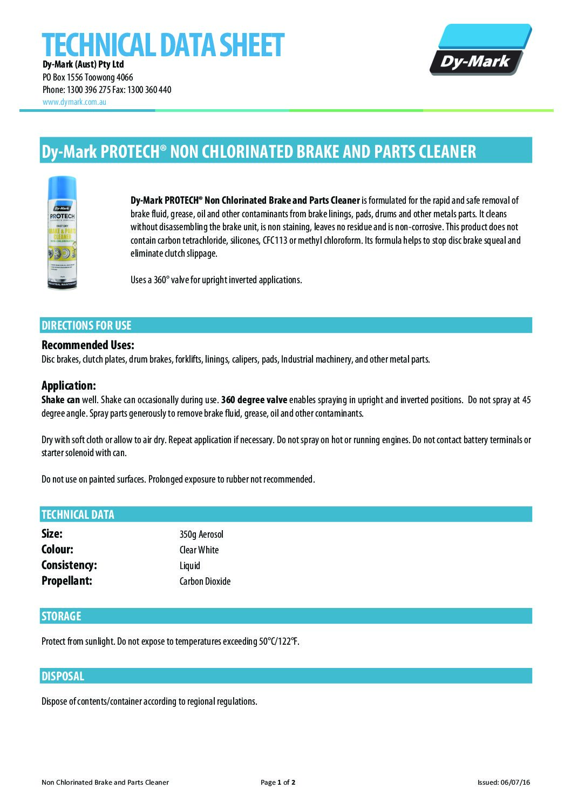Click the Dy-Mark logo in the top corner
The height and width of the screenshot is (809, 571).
pos(480,50)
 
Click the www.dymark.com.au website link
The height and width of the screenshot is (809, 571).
pos(74,102)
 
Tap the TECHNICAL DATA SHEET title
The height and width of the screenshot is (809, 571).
pos(163,45)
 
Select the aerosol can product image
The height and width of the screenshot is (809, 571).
pos(62,233)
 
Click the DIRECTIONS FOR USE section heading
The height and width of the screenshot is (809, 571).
pos(86,325)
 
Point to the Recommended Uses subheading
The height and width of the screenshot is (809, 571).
pos(88,345)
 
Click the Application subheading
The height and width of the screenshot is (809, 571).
pos(69,385)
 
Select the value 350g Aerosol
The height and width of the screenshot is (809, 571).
pos(201,534)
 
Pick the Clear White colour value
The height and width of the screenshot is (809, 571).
pos(199,550)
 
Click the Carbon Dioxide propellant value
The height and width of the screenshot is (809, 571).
pos(205,581)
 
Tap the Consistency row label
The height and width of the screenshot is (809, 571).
pos(69,565)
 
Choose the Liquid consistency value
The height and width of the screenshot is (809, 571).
pos(190,566)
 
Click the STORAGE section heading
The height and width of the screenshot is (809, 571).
pos(62,616)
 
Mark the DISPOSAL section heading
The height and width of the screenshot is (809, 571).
pos(63,676)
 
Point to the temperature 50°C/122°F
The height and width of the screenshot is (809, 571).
pos(278,641)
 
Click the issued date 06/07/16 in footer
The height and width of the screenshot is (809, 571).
pos(515,782)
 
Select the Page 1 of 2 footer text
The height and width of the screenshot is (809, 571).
pos(278,782)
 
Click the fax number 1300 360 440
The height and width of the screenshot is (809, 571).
pos(149,90)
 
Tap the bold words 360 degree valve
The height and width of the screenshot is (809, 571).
pos(254,400)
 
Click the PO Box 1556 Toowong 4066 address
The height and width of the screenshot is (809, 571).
pos(88,77)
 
